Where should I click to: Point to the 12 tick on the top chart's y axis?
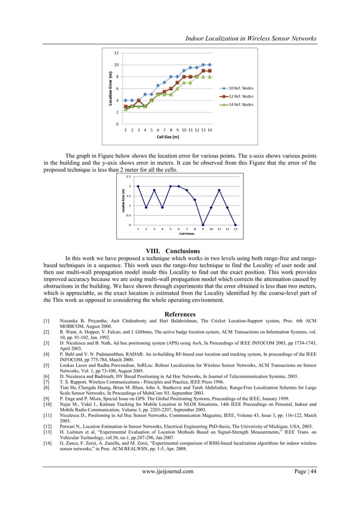coord(116,53)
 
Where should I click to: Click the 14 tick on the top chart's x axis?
coord(210,130)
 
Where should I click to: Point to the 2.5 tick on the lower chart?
coord(128,176)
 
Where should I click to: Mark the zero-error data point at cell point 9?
coord(203,225)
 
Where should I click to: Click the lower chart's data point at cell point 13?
coord(235,225)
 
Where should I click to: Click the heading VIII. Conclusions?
coord(180,251)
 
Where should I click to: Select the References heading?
coord(180,314)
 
